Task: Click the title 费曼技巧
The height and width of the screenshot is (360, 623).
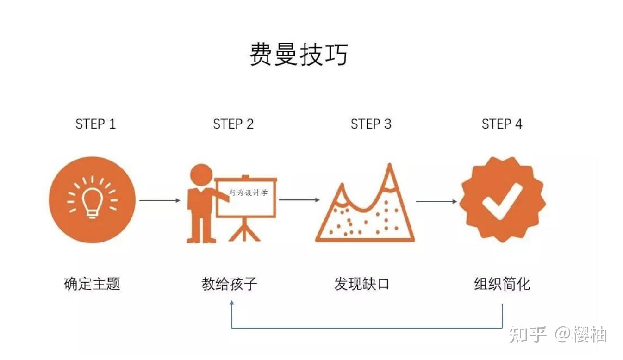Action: coord(299,54)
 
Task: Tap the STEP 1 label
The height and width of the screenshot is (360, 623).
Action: coord(95,124)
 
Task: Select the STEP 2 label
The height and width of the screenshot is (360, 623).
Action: coord(233,124)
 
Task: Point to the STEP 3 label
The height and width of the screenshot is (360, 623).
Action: coord(371,124)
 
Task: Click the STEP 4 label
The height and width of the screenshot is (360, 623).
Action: coord(502,124)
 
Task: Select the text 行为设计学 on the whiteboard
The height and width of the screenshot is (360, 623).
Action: coord(249,192)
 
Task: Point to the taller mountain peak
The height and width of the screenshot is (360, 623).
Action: coord(390,167)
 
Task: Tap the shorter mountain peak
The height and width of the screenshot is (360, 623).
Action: coord(342,187)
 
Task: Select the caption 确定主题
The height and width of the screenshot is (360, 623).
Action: coord(92,284)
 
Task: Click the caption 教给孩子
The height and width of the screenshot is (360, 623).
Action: coord(229,284)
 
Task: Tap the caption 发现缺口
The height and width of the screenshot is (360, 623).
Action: coord(361,284)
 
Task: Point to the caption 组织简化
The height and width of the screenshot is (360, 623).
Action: coord(502,284)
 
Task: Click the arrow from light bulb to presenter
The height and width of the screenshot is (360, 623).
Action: coord(160,200)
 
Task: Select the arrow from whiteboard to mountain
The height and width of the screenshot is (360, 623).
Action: coord(299,199)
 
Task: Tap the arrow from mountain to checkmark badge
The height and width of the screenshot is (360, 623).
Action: coord(436,202)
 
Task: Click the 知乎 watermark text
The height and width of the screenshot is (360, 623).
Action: coord(528,335)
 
